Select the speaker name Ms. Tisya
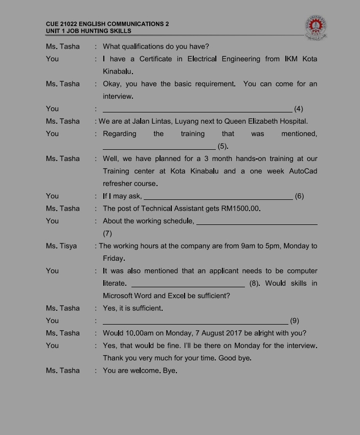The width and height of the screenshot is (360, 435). pyautogui.click(x=61, y=246)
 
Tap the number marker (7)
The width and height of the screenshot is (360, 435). pyautogui.click(x=107, y=234)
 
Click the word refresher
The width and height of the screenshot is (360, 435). pyautogui.click(x=120, y=184)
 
